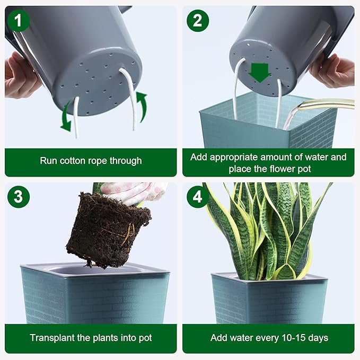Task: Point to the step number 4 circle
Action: (x=197, y=197)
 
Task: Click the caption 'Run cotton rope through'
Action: (x=91, y=161)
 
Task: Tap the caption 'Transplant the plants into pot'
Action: (x=91, y=338)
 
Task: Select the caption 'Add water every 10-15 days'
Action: (x=269, y=338)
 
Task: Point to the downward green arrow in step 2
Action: (x=260, y=72)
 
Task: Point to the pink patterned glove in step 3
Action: (x=133, y=192)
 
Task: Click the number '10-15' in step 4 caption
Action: (x=294, y=338)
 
